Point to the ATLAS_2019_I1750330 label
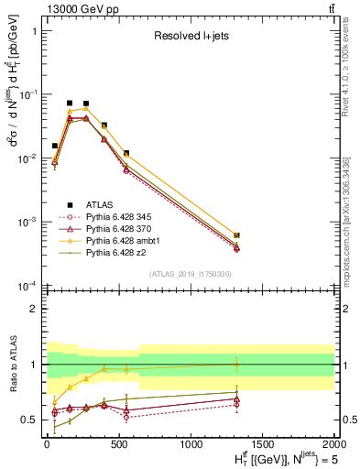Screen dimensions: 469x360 pyautogui.click(x=190, y=273)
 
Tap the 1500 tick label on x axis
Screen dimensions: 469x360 pyautogui.click(x=262, y=446)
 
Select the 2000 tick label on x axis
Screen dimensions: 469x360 pyautogui.click(x=333, y=446)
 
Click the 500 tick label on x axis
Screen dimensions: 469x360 pyautogui.click(x=118, y=446)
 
